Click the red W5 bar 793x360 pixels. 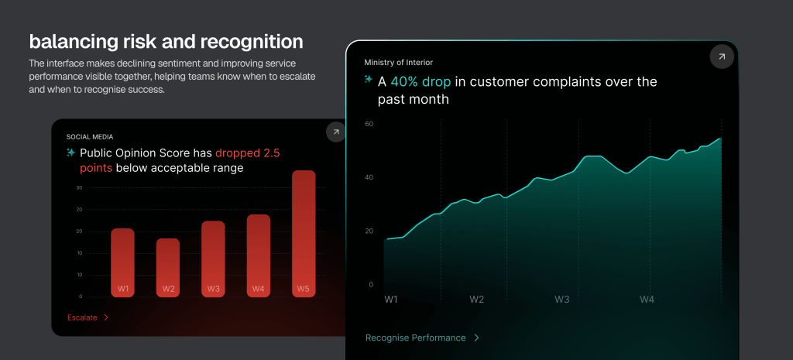(x=304, y=234)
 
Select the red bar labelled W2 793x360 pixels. (x=168, y=267)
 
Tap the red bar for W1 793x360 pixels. (x=123, y=263)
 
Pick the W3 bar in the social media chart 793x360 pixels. (x=213, y=259)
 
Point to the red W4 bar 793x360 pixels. (x=259, y=255)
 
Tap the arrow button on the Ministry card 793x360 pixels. (x=722, y=57)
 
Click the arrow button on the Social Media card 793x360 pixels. (x=335, y=132)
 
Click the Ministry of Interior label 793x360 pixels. (x=399, y=63)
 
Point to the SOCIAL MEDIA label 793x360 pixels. (x=90, y=136)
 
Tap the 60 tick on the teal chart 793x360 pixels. (x=369, y=124)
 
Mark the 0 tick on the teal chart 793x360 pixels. (x=371, y=285)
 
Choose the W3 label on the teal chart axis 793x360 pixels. (x=562, y=300)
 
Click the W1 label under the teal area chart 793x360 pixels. (x=391, y=300)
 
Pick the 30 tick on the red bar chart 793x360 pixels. (x=79, y=187)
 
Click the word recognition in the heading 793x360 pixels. (x=252, y=42)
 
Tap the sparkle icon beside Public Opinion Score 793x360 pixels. (x=70, y=153)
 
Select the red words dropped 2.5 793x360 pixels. (x=247, y=153)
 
